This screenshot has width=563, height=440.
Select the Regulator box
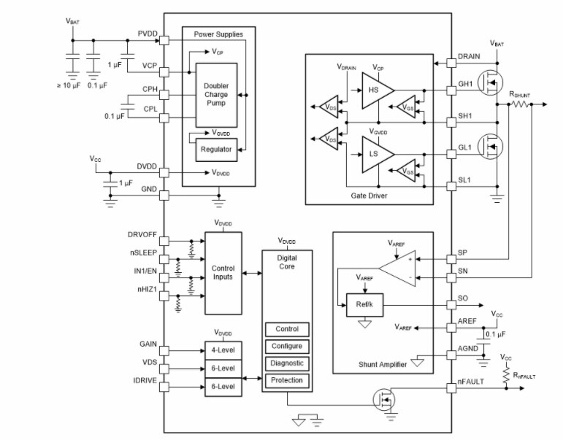[x=215, y=150]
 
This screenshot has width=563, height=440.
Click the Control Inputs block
[x=223, y=273]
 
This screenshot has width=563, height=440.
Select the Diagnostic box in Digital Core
[x=287, y=363]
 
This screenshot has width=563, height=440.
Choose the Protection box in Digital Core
[x=287, y=381]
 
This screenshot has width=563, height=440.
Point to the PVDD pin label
[x=148, y=34]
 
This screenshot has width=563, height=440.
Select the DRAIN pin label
[x=469, y=55]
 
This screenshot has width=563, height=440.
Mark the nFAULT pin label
[x=472, y=381]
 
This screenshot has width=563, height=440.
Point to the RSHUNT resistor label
[x=521, y=94]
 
